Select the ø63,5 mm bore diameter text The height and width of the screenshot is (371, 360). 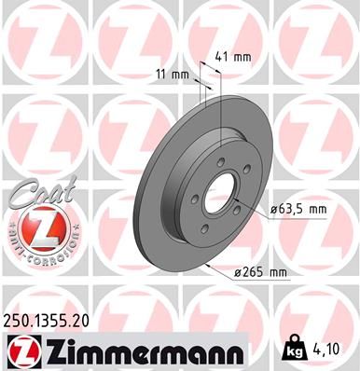[298, 210]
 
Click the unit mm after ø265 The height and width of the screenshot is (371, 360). [277, 272]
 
